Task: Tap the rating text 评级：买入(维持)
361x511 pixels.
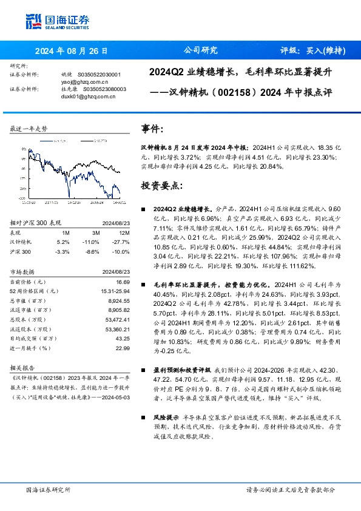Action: pyautogui.click(x=312, y=50)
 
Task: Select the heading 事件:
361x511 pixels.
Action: pyautogui.click(x=152, y=129)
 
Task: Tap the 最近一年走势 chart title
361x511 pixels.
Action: pyautogui.click(x=29, y=129)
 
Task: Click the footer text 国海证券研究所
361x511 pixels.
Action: pyautogui.click(x=49, y=490)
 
